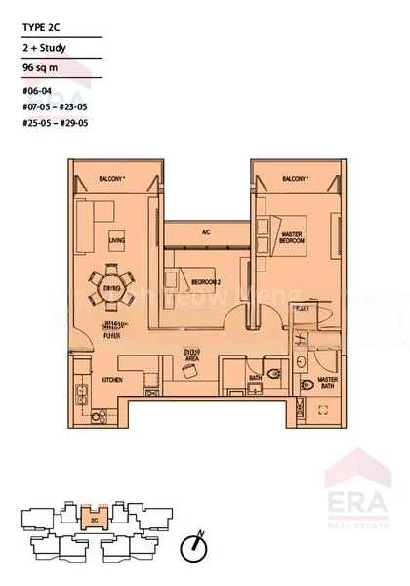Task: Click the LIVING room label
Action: click(117, 239)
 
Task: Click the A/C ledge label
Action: click(206, 232)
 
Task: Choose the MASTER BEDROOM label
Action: click(293, 237)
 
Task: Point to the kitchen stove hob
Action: click(95, 415)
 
